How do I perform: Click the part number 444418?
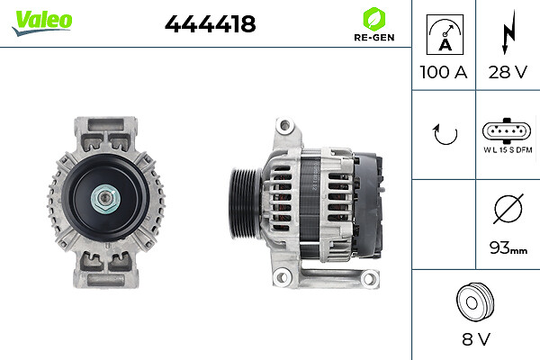pyautogui.click(x=210, y=24)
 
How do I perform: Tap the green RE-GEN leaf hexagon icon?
pyautogui.click(x=374, y=19)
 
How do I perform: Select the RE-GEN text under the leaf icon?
pyautogui.click(x=374, y=38)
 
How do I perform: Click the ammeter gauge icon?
pyautogui.click(x=445, y=34)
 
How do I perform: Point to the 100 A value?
pyautogui.click(x=444, y=72)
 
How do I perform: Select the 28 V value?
pyautogui.click(x=508, y=72)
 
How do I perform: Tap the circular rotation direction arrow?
pyautogui.click(x=445, y=134)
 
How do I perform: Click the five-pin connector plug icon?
pyautogui.click(x=507, y=130)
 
